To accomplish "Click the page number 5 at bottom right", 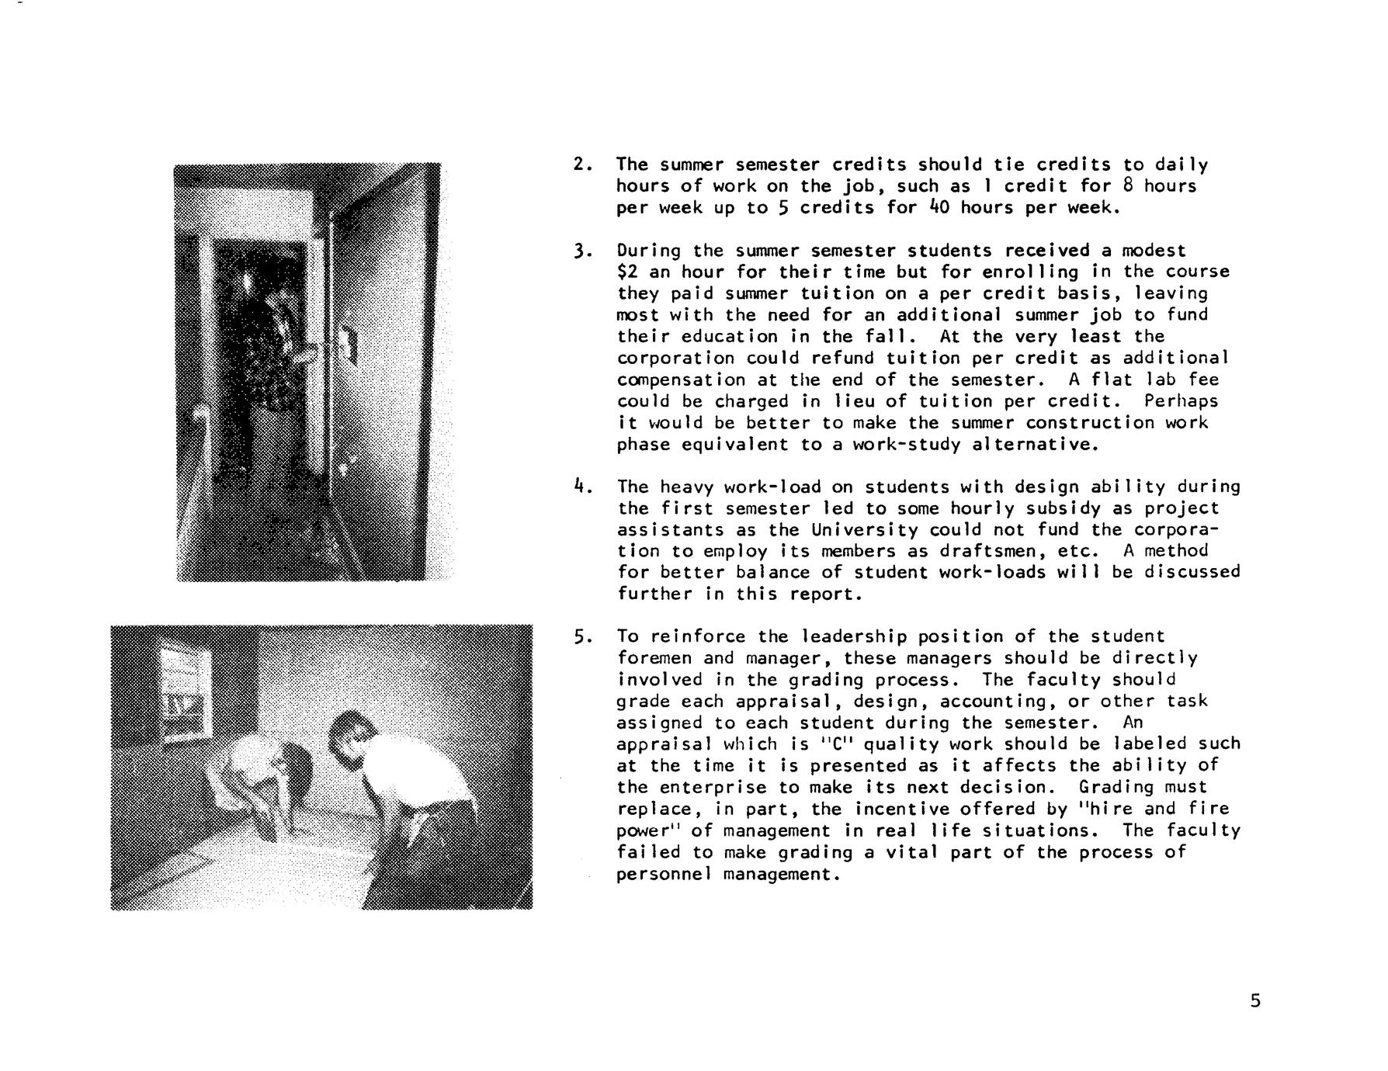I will pos(1255,1001).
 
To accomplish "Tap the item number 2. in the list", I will pos(583,165).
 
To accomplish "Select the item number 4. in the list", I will pos(583,487).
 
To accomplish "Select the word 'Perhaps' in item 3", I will pos(1181,401).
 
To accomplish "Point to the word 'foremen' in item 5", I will pos(654,659).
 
